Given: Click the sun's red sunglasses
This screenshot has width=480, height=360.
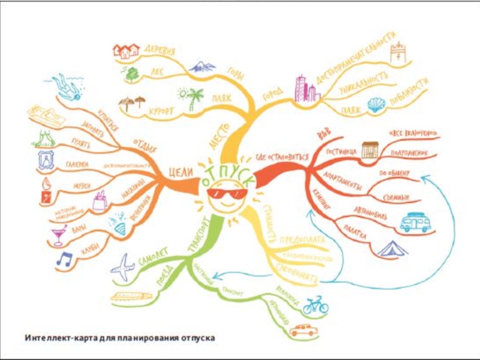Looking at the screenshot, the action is click(226, 194).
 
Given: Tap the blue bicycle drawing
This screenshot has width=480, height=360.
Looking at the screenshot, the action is click(316, 305).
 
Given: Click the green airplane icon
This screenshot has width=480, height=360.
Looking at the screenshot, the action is click(123, 268).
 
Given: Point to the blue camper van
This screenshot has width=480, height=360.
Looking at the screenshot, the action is click(415, 223).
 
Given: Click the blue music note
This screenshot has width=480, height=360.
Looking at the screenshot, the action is click(64, 259).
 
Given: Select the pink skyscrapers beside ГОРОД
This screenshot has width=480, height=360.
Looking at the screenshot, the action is click(305, 89).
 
